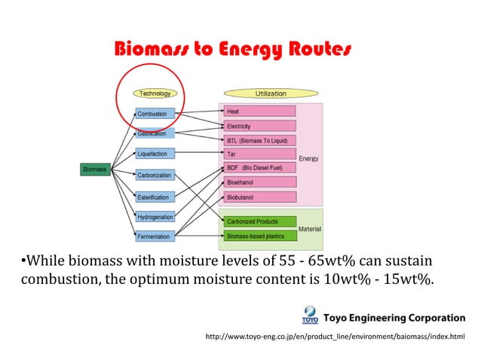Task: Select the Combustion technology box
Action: (x=155, y=114)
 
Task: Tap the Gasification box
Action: (x=155, y=133)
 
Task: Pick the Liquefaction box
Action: (x=155, y=154)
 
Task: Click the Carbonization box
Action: (x=155, y=175)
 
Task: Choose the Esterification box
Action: (x=155, y=197)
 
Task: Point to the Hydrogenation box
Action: (x=155, y=217)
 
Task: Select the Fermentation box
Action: (x=155, y=236)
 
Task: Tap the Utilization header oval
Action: (x=271, y=93)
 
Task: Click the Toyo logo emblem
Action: (x=311, y=314)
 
